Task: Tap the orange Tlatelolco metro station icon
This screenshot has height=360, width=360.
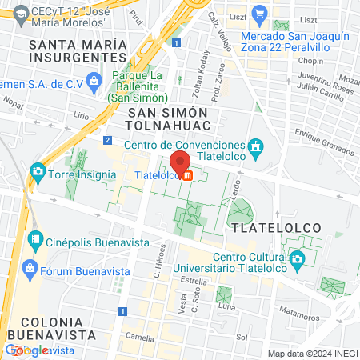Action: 186,174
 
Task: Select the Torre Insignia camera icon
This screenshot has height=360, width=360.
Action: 38,171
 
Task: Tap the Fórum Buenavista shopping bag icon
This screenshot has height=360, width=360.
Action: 30,266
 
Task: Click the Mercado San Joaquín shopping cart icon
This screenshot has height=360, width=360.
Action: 258,14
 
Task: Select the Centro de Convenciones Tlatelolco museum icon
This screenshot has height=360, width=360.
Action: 255,147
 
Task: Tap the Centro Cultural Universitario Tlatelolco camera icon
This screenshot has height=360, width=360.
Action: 297,259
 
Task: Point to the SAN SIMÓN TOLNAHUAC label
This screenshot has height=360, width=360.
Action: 170,119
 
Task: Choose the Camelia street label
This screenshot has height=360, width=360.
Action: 139,337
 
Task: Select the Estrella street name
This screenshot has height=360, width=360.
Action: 195,281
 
